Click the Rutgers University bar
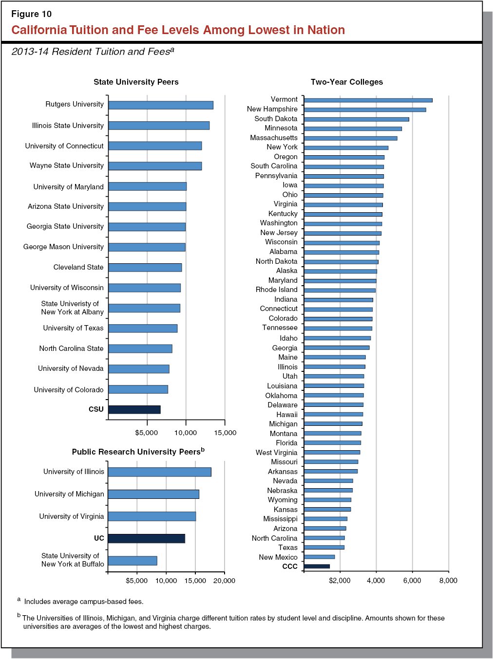[x=161, y=105]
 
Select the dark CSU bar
[x=134, y=410]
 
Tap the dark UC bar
[x=146, y=538]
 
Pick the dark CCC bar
[x=317, y=567]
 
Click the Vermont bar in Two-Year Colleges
[x=368, y=100]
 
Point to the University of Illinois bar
[x=159, y=472]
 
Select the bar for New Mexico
[x=319, y=557]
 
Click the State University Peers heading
[x=136, y=82]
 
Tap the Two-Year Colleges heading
[x=347, y=82]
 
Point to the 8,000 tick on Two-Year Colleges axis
[x=448, y=581]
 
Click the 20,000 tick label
[x=224, y=581]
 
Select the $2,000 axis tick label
[x=340, y=581]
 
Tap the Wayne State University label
[x=67, y=165]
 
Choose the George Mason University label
[x=63, y=247]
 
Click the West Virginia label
[x=276, y=453]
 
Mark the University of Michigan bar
[x=153, y=494]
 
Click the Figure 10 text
[x=31, y=14]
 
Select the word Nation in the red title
[x=326, y=30]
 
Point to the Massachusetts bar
[x=350, y=138]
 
